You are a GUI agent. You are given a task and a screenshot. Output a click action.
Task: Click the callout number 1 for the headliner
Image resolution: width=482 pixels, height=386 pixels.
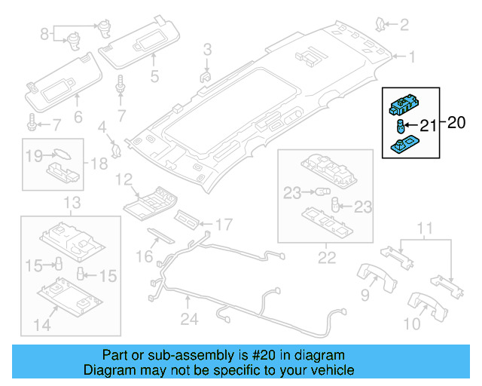(x=411, y=57)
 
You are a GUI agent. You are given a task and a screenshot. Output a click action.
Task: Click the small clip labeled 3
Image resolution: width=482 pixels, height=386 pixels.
(x=205, y=74)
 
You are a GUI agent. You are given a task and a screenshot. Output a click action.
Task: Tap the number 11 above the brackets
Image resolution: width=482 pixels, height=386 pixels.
(x=426, y=228)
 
